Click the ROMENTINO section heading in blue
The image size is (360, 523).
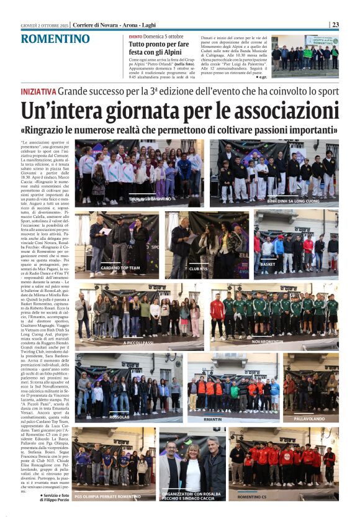pyautogui.click(x=55, y=39)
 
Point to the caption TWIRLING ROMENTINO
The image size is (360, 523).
pyautogui.click(x=150, y=199)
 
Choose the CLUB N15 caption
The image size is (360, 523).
pyautogui.click(x=198, y=269)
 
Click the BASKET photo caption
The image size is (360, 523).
pyautogui.click(x=268, y=265)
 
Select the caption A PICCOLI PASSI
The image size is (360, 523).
pyautogui.click(x=138, y=342)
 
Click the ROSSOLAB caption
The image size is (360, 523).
pyautogui.click(x=119, y=417)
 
